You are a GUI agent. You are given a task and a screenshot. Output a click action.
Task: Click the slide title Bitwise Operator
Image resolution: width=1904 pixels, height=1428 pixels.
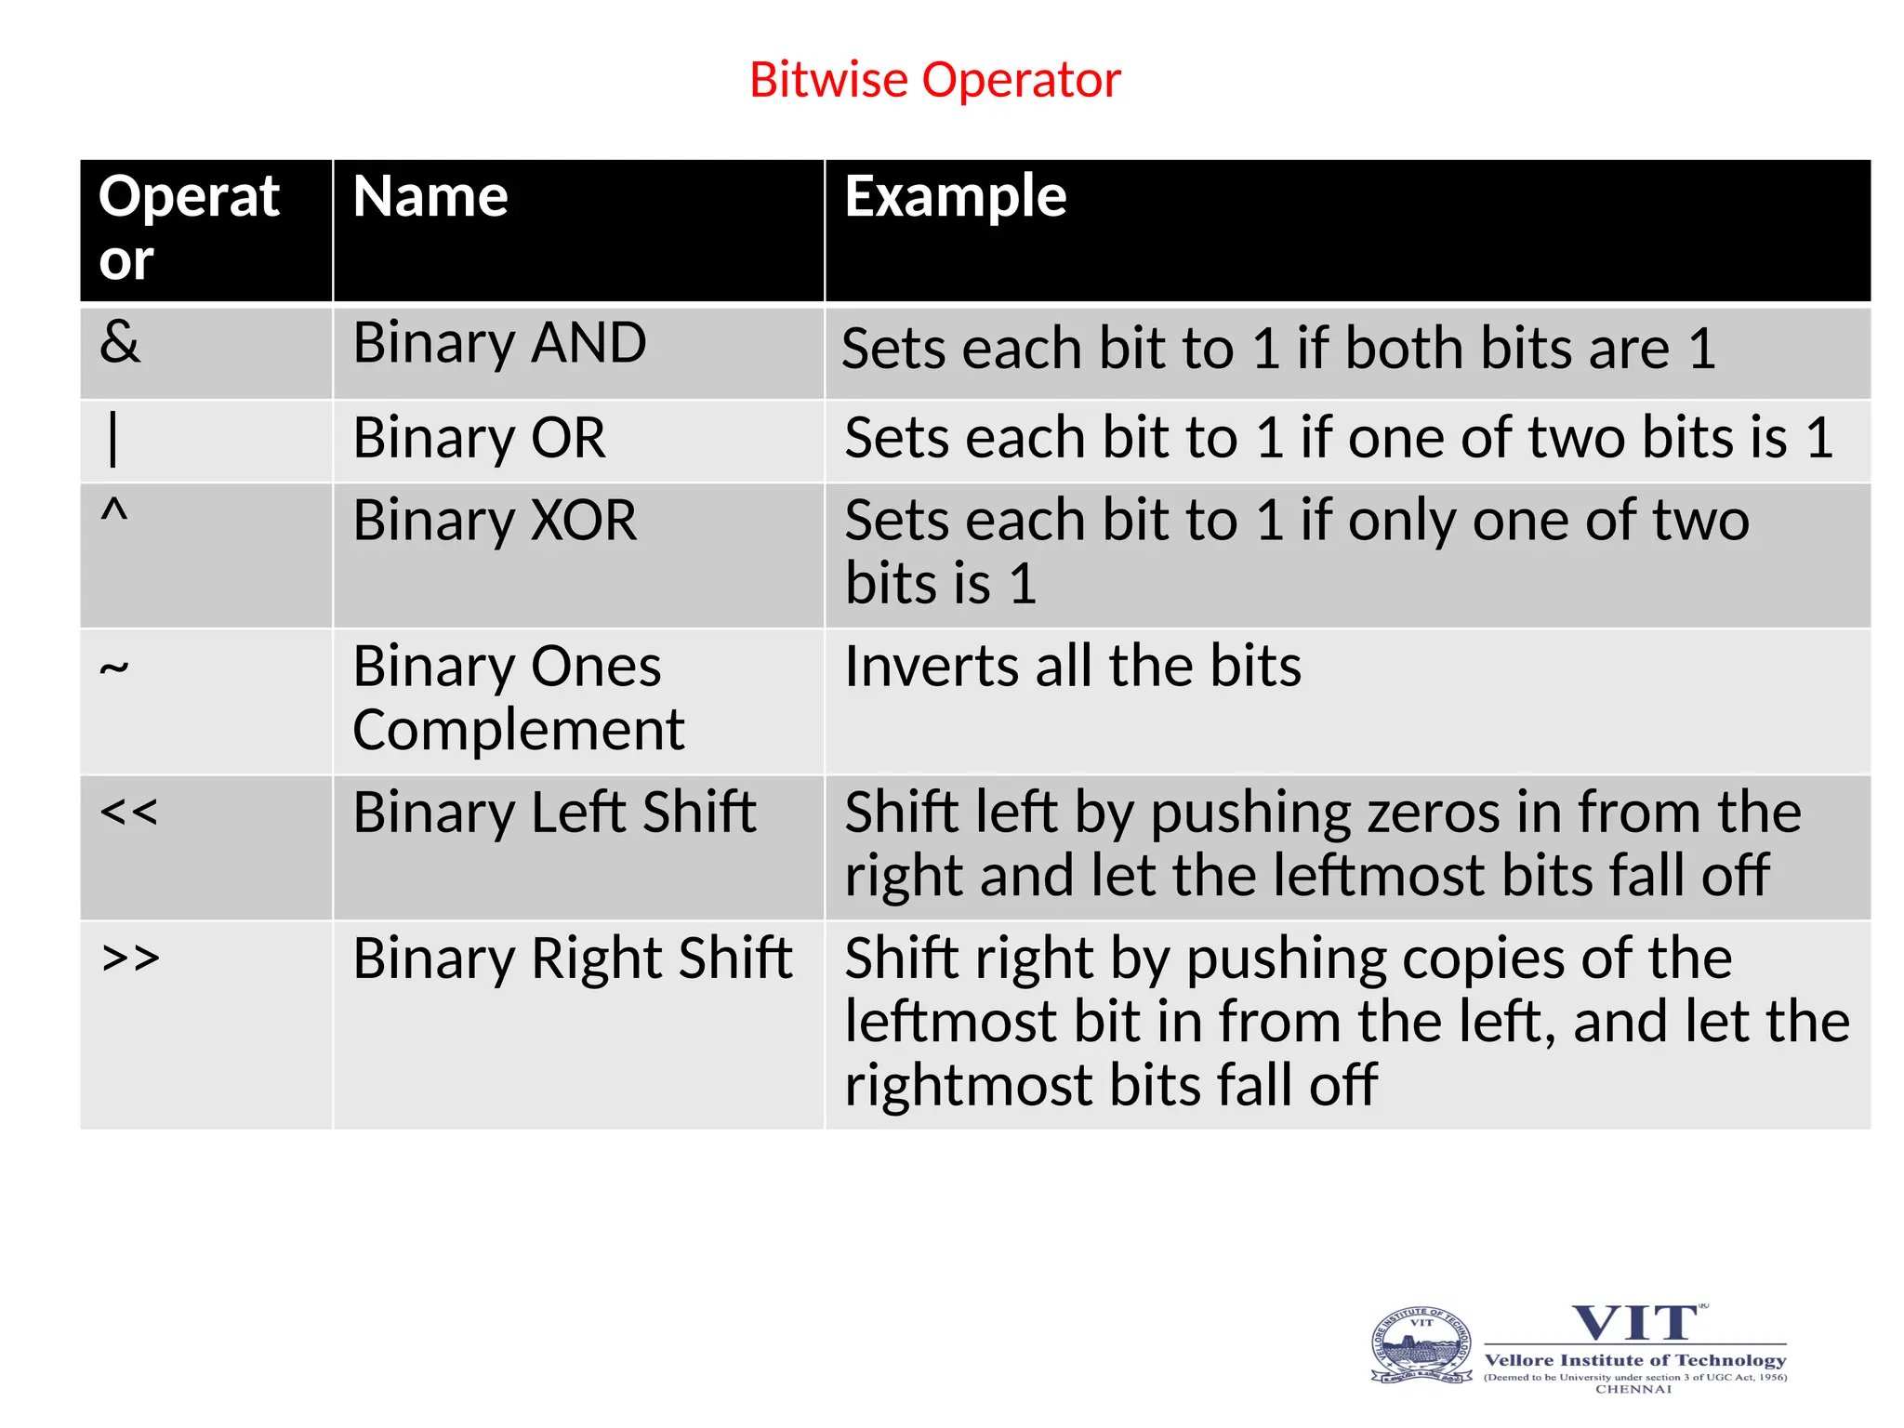(934, 80)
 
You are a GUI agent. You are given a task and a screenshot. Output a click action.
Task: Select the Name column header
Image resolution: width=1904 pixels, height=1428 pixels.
(430, 197)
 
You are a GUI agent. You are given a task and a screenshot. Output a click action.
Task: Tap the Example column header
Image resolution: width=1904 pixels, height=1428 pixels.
(955, 197)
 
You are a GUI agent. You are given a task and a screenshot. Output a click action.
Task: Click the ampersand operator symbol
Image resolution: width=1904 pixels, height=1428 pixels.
(120, 342)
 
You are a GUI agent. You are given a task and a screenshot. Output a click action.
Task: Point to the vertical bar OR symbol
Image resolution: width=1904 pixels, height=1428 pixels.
(113, 439)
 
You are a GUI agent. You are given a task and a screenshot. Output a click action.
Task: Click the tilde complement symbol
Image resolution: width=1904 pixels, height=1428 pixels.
(113, 668)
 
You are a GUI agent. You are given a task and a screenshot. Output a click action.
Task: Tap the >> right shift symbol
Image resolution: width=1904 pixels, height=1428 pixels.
(131, 958)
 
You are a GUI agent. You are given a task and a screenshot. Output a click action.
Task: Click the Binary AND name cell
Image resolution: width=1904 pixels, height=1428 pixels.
(499, 343)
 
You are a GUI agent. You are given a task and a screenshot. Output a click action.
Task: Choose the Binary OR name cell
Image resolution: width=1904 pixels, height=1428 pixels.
(479, 438)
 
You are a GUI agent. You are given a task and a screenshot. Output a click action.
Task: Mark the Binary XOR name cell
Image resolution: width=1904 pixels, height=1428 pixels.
(495, 521)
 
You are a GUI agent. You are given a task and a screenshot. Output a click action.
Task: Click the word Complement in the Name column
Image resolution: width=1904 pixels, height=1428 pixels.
(518, 731)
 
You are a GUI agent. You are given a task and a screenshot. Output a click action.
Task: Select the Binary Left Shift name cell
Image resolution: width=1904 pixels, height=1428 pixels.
(554, 813)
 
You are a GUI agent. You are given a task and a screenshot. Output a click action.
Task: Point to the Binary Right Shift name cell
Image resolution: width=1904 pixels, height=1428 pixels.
(572, 959)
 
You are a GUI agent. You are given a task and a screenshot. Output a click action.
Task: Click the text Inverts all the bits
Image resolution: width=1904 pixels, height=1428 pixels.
(1072, 667)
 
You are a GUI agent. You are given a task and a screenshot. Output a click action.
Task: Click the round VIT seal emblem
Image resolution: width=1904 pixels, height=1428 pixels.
(1421, 1346)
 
